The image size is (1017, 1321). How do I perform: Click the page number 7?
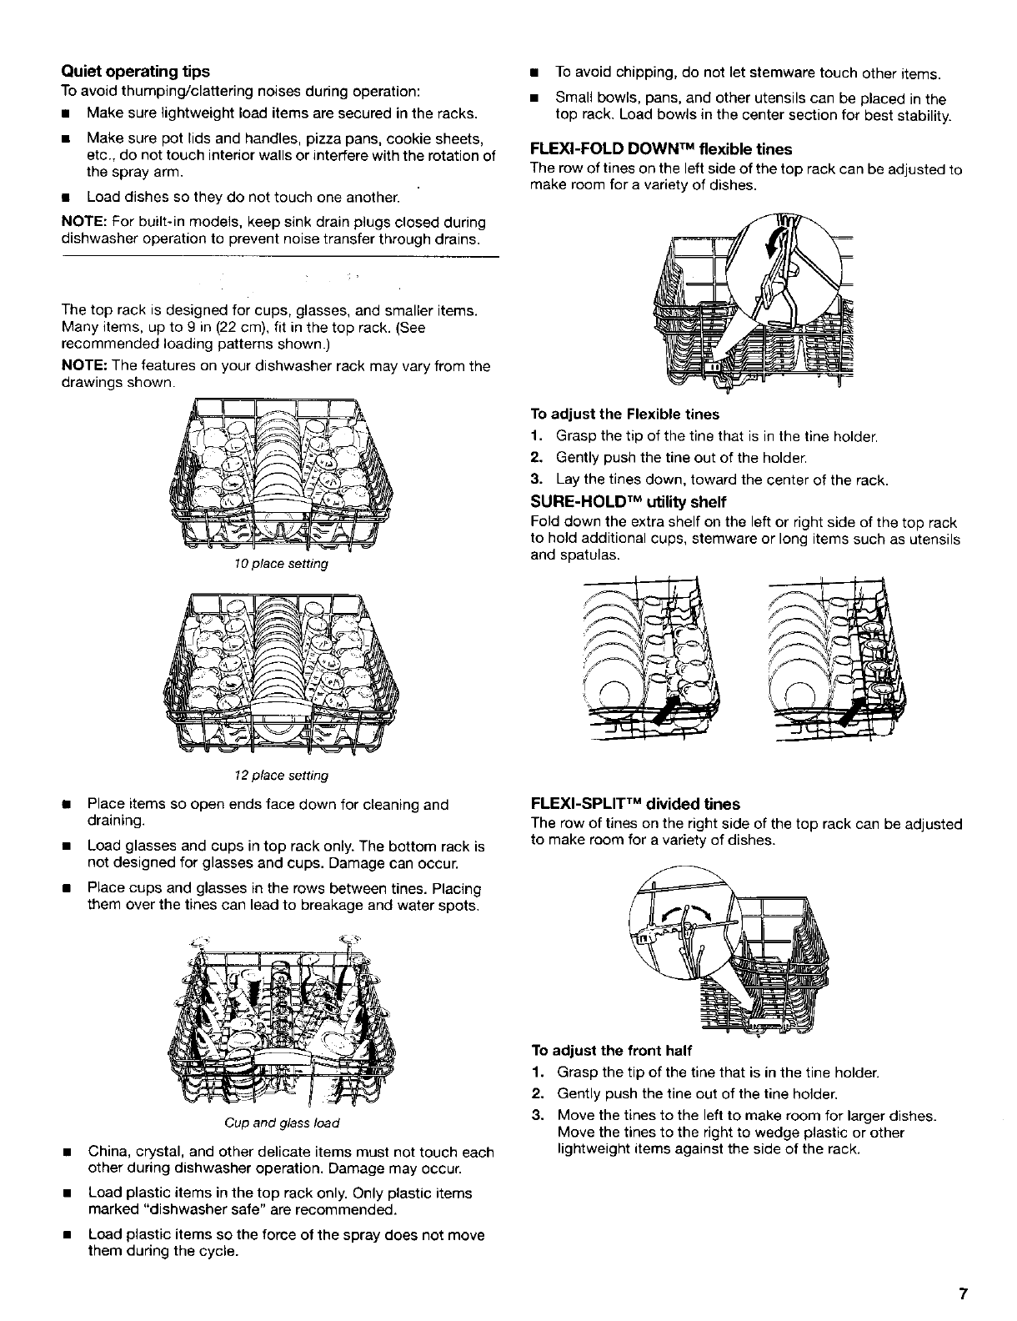click(x=963, y=1295)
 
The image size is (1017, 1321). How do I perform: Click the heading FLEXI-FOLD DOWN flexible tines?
click(x=661, y=149)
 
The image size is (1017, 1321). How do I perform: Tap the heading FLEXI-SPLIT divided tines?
click(x=635, y=804)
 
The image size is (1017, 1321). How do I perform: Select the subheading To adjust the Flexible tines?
click(x=624, y=414)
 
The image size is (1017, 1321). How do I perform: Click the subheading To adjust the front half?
click(x=612, y=1050)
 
